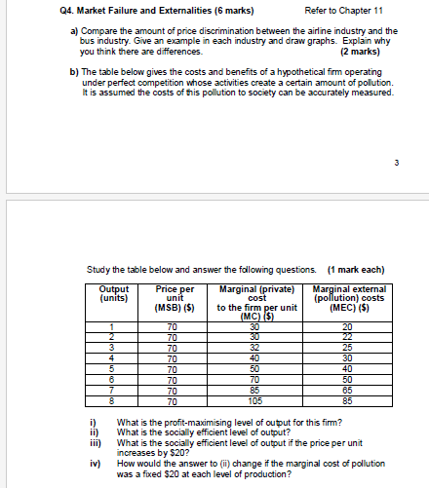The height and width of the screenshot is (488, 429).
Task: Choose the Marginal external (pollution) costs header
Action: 348,296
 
